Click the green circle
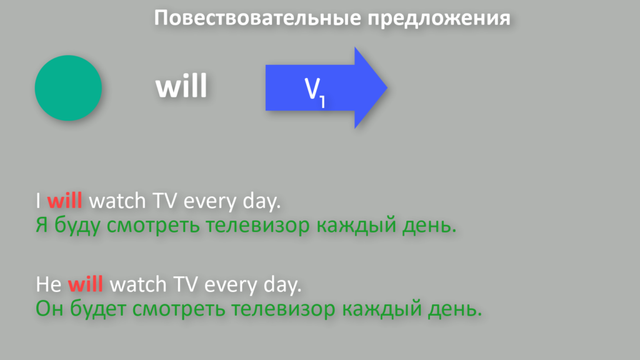pos(68,87)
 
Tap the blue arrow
pos(326,87)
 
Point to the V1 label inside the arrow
pos(315,92)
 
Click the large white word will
pos(181,86)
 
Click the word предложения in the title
pos(439,19)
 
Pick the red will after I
pos(64,201)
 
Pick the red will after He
pos(85,284)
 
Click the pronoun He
pos(49,284)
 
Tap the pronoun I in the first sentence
pos(38,201)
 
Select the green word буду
pos(77,225)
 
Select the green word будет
pos(98,309)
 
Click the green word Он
pos(49,309)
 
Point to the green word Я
pos(42,225)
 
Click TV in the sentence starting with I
pos(165,201)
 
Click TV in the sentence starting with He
pos(186,284)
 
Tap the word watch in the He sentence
pos(138,284)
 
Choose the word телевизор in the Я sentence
pos(257,225)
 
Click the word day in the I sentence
pos(261,201)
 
